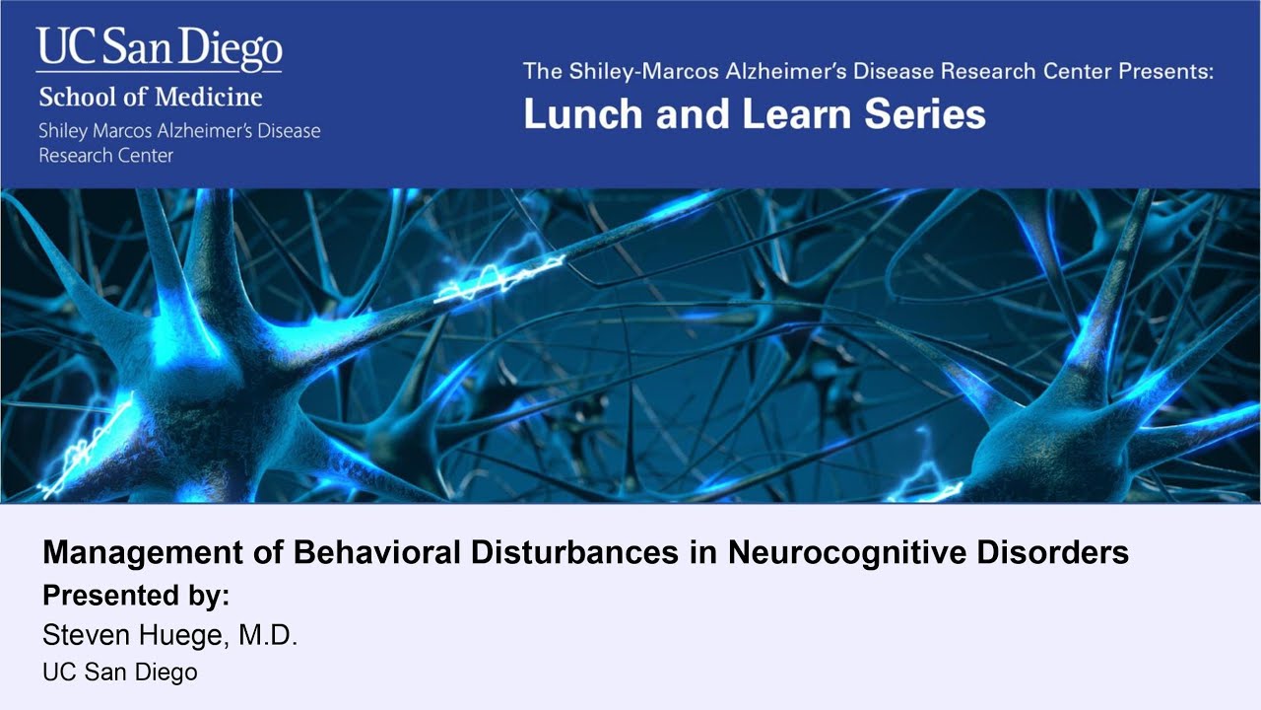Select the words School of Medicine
pos(151,98)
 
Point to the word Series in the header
pos(922,113)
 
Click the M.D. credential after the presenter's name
pos(268,636)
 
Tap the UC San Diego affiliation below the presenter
pos(120,673)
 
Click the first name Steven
pos(83,636)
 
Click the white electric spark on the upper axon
pos(502,277)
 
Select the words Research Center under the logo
pos(105,155)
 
